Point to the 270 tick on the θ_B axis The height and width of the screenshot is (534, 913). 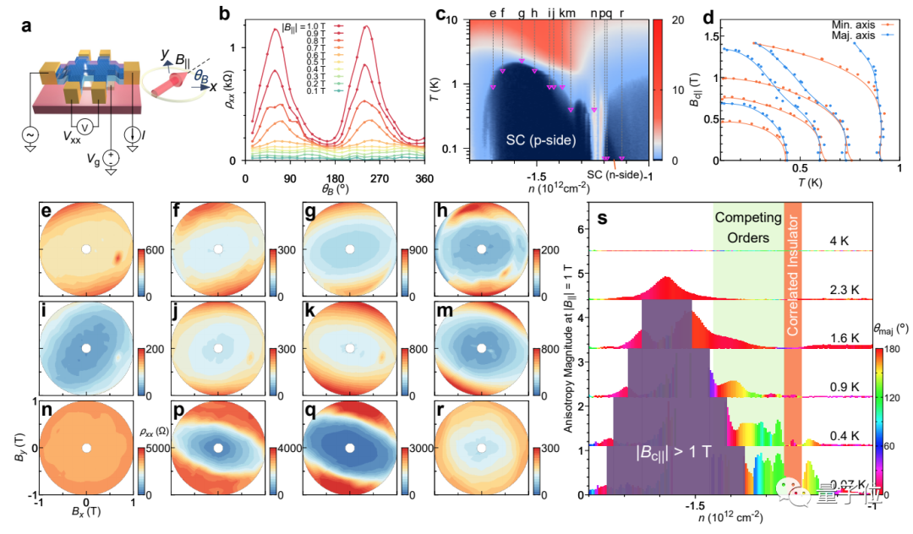click(x=365, y=178)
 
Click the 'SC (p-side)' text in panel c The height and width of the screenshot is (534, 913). click(x=536, y=139)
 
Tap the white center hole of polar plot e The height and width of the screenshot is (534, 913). click(x=86, y=249)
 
